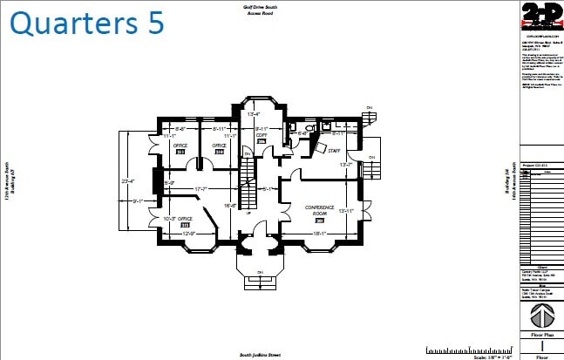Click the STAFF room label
click(x=333, y=152)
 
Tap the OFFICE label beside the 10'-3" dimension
click(x=185, y=219)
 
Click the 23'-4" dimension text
click(x=127, y=180)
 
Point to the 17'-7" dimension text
click(x=201, y=188)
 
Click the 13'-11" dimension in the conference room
click(x=346, y=210)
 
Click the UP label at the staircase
click(x=248, y=212)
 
